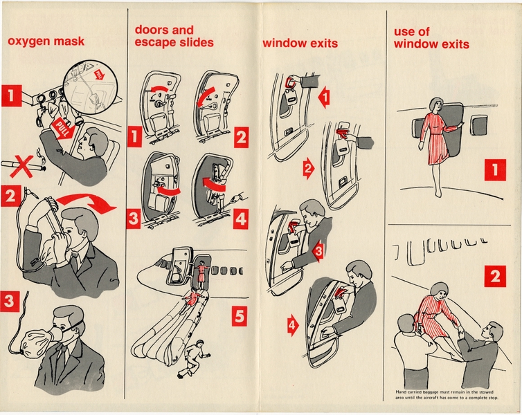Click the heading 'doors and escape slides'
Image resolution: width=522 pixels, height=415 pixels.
[x=174, y=37]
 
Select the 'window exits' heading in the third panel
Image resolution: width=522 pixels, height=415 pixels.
[x=300, y=44]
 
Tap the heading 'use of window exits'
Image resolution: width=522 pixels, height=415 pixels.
[x=431, y=38]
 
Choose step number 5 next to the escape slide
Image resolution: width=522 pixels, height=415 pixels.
[x=238, y=317]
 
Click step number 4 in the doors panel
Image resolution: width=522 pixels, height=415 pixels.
[x=240, y=220]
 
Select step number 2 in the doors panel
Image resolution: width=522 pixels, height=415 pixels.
[x=240, y=137]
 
